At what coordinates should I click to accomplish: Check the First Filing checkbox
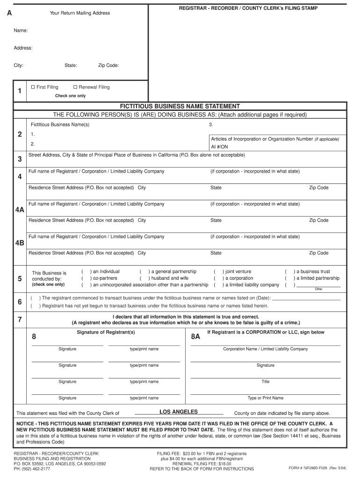[33, 87]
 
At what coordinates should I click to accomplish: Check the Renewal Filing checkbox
[75, 87]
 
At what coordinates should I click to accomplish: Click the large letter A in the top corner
[9, 14]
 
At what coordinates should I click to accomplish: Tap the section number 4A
[20, 210]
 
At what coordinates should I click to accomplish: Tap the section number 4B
[20, 243]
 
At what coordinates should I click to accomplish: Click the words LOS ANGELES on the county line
[179, 412]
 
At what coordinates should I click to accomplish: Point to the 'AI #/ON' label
[220, 146]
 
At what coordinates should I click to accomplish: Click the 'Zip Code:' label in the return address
[108, 65]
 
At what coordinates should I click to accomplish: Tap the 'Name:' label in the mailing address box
[21, 30]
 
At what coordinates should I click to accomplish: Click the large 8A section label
[195, 337]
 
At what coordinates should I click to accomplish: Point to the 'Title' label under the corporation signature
[266, 382]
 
